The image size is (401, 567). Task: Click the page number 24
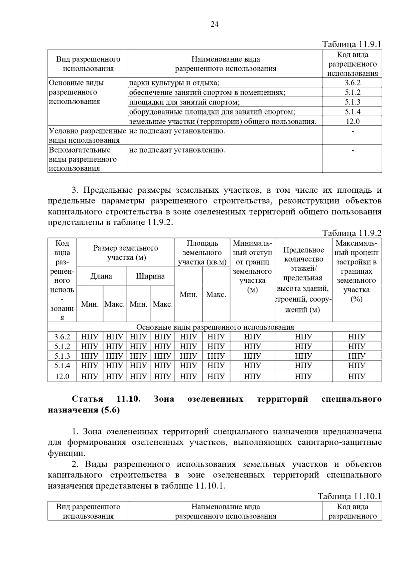point(215,24)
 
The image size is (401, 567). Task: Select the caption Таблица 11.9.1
point(352,44)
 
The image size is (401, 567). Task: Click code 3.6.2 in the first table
point(352,83)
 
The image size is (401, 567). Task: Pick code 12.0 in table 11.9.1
point(352,121)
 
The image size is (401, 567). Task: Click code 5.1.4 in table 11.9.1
point(352,112)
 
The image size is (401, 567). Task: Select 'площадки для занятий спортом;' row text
point(184,102)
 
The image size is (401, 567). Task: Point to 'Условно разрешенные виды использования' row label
point(88,135)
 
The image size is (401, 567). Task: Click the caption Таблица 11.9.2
point(352,233)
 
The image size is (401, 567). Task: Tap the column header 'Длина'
point(101,276)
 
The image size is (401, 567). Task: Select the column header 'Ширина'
point(150,276)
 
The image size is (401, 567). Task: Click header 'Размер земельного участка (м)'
point(126,253)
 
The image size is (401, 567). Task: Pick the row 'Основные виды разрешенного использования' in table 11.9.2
point(215,327)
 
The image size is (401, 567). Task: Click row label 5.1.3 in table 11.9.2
point(62,356)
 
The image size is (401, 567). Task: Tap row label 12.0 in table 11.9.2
point(62,376)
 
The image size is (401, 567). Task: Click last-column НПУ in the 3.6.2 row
point(357,337)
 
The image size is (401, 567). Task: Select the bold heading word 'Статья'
point(88,399)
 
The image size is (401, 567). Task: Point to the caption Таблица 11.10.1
point(349,496)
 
